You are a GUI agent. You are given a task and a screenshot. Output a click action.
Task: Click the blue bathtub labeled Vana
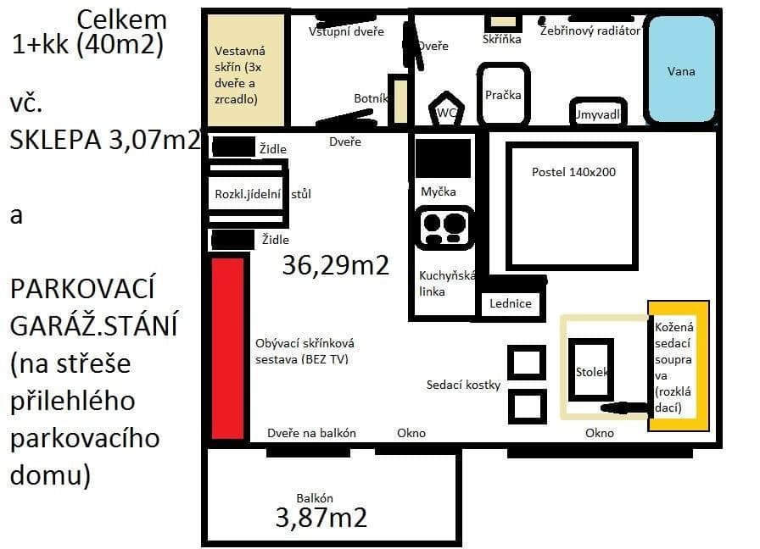tap(680, 70)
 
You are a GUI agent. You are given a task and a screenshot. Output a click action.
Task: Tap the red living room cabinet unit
tap(227, 347)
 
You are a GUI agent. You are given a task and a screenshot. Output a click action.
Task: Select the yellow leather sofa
tap(678, 365)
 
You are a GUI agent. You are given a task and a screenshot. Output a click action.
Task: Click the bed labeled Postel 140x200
tap(573, 203)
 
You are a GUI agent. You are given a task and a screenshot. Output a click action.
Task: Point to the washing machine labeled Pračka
tap(503, 94)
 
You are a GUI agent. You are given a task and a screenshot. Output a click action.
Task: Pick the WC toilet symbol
tap(447, 109)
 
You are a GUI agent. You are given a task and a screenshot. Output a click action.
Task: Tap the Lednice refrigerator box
tap(511, 303)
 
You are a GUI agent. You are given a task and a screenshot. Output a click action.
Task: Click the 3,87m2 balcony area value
tap(321, 517)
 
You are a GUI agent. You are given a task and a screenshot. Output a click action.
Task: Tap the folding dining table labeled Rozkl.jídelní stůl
tap(249, 194)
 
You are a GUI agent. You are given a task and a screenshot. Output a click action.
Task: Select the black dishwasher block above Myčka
tap(442, 158)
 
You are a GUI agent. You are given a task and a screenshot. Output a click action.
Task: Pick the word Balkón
tap(315, 497)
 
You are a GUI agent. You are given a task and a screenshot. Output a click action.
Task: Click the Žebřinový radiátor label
tap(590, 30)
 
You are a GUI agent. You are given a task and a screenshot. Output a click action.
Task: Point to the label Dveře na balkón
tap(311, 433)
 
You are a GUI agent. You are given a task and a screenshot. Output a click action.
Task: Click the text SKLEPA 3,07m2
tap(103, 139)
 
